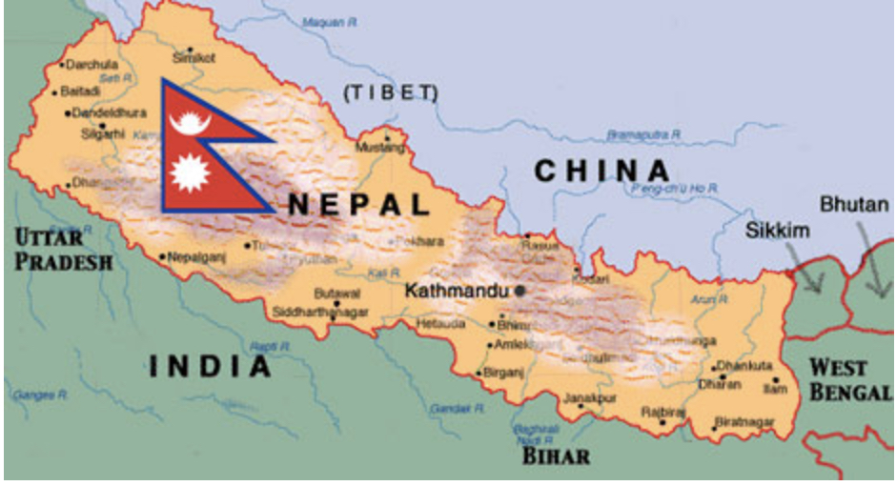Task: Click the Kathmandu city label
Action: pos(458,291)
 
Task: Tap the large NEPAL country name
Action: pos(358,204)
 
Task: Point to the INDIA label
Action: pos(209,366)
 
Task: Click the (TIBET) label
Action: pos(390,92)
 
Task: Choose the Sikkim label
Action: pos(777,231)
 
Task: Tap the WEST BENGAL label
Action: pos(850,379)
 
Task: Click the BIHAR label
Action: pos(556,456)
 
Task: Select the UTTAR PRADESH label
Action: pos(62,249)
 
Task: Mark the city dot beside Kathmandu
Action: pos(519,291)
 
